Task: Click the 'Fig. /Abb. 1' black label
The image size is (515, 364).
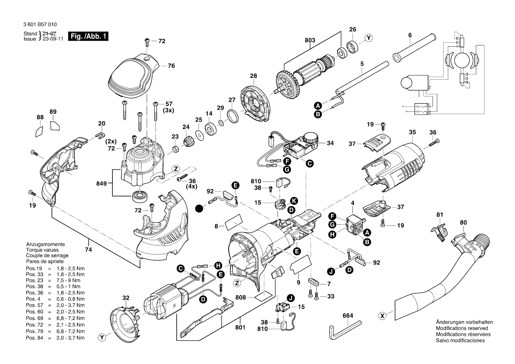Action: (x=88, y=36)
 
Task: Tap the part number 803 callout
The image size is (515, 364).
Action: (x=310, y=41)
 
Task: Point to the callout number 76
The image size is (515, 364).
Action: (x=171, y=66)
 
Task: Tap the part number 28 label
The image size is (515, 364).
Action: (x=253, y=76)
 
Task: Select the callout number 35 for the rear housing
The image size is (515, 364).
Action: (x=412, y=132)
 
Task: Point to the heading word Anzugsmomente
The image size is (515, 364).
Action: (x=46, y=244)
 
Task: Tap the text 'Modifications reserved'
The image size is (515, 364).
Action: (x=461, y=328)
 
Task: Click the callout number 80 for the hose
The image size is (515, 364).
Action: (x=463, y=223)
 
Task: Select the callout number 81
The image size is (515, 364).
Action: (x=439, y=215)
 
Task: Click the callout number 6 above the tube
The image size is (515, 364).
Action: (x=410, y=35)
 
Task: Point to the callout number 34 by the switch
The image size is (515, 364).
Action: (x=330, y=143)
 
